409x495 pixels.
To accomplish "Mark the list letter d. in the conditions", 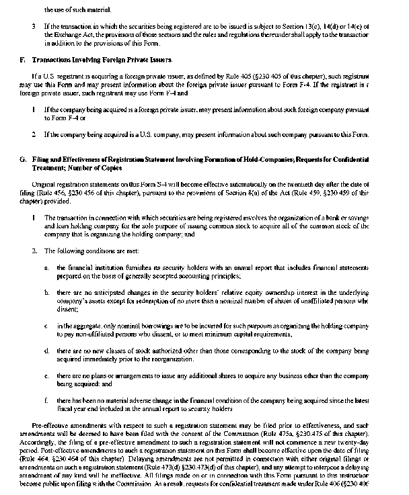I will click(46, 351).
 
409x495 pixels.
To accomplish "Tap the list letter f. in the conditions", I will click(46, 401).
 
